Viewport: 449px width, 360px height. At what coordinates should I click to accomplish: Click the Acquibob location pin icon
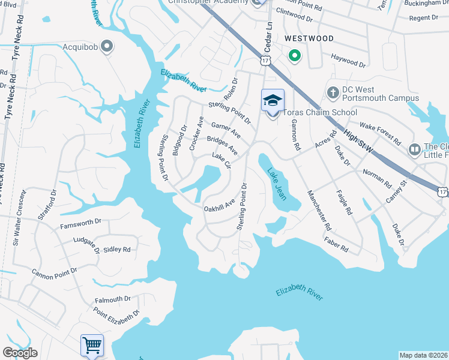(107, 46)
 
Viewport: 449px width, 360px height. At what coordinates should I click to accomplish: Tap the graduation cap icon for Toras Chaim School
(273, 100)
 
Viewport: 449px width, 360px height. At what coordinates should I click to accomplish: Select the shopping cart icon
(92, 345)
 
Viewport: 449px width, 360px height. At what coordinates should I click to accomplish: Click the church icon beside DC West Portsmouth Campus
(333, 92)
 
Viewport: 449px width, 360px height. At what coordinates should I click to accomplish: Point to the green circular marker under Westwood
(294, 57)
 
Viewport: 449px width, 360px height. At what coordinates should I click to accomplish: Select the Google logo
(20, 353)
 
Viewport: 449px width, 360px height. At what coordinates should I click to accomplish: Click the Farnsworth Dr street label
(82, 224)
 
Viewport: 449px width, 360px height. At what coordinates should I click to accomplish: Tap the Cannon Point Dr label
(55, 272)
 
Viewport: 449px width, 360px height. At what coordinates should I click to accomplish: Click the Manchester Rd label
(319, 211)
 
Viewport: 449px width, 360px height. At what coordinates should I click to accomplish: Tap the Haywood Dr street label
(348, 60)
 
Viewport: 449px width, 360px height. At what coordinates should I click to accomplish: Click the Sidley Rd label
(116, 249)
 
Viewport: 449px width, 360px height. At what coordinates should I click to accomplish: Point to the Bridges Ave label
(222, 145)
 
